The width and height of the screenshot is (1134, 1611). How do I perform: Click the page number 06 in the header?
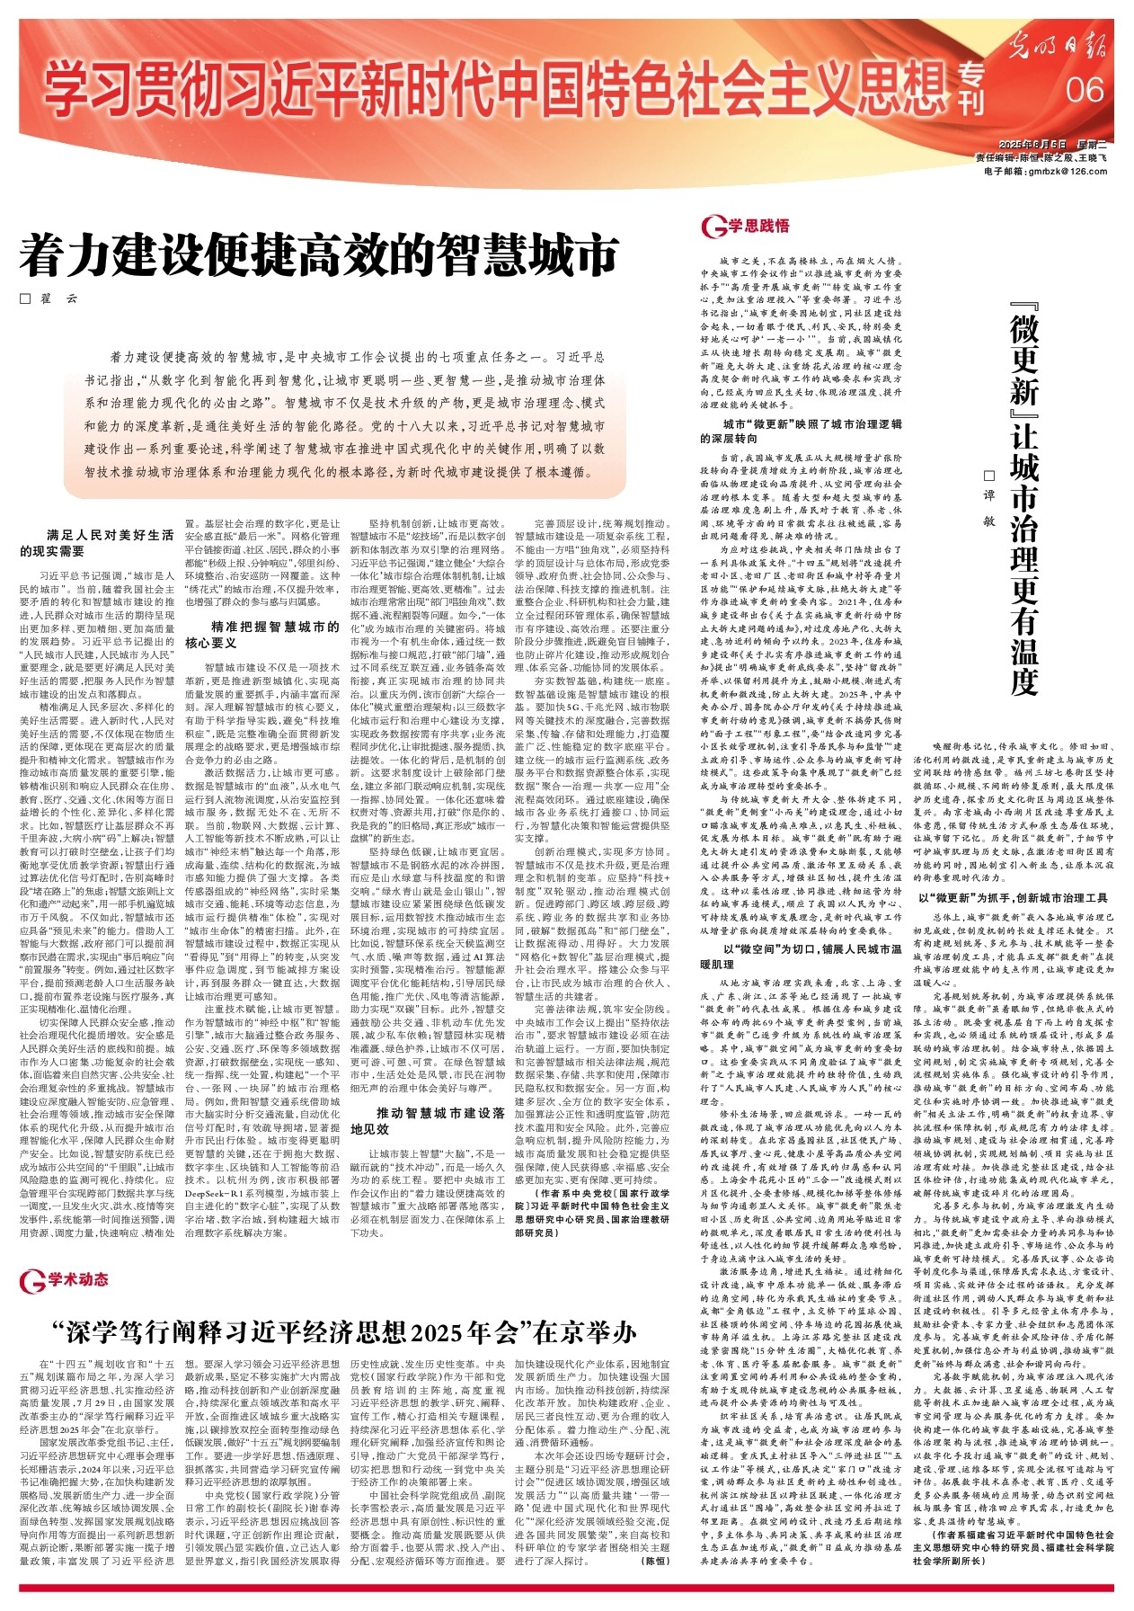[1085, 90]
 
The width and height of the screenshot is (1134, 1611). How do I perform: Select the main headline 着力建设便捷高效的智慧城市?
[319, 255]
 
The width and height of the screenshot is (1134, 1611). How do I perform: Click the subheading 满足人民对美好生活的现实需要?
[96, 542]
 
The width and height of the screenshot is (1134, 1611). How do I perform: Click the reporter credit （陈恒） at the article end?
[656, 1562]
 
